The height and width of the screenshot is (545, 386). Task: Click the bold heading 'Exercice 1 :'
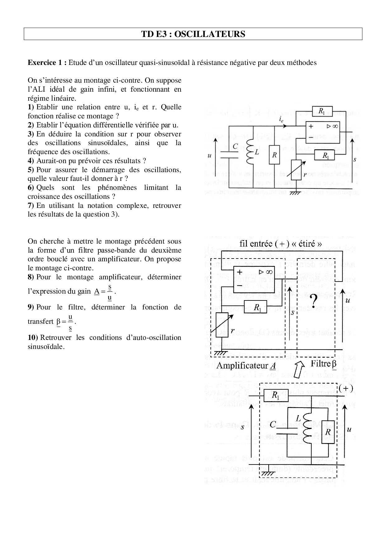[47, 63]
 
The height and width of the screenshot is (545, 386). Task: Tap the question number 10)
[33, 338]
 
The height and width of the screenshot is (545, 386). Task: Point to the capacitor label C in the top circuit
[235, 146]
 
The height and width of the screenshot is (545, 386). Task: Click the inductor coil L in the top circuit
[250, 153]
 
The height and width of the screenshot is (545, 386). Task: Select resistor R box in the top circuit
[274, 155]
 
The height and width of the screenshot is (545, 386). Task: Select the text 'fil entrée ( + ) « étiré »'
[281, 244]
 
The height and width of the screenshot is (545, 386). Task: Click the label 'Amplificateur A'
[246, 366]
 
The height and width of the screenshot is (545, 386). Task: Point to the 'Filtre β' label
[324, 364]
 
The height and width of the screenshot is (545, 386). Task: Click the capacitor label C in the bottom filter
[273, 424]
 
